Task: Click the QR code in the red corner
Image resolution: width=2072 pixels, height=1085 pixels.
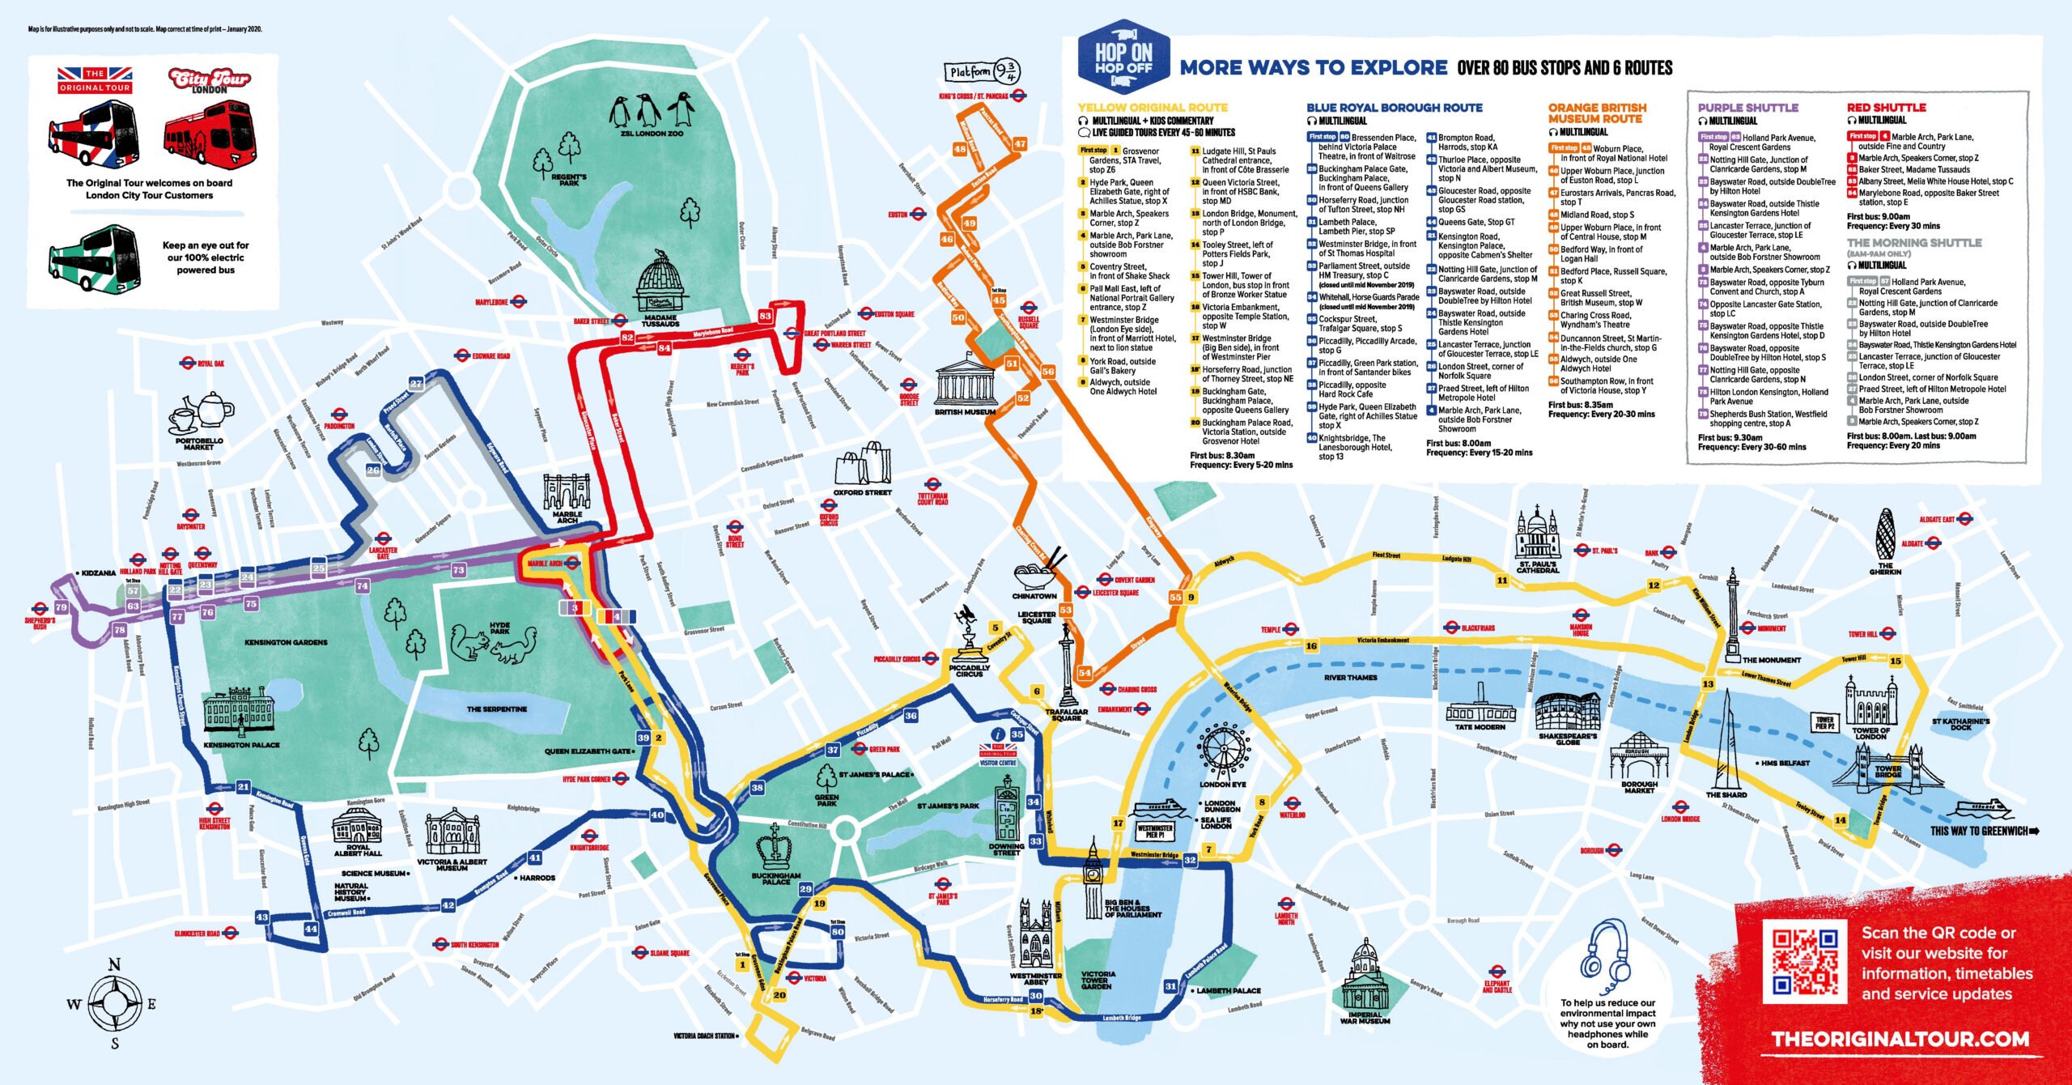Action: pos(1804,962)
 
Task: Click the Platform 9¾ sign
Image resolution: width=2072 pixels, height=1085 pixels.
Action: pos(982,71)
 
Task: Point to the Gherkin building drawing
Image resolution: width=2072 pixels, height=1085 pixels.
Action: pos(1885,534)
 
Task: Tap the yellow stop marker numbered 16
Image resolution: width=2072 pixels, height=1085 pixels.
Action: pos(1311,646)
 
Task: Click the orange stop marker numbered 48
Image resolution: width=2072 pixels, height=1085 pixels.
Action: pos(960,149)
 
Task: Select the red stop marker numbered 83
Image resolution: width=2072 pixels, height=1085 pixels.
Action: pos(765,316)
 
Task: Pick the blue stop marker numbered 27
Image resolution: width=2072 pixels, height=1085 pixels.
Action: pos(416,384)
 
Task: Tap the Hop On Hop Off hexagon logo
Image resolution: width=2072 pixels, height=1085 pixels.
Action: pos(1123,57)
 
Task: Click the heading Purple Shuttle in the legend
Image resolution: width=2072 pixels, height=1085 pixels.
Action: pos(1747,108)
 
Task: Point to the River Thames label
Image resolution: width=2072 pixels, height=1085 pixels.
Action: pos(1350,678)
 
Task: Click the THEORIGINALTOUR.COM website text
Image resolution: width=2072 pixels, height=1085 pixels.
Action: pos(1900,1040)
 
